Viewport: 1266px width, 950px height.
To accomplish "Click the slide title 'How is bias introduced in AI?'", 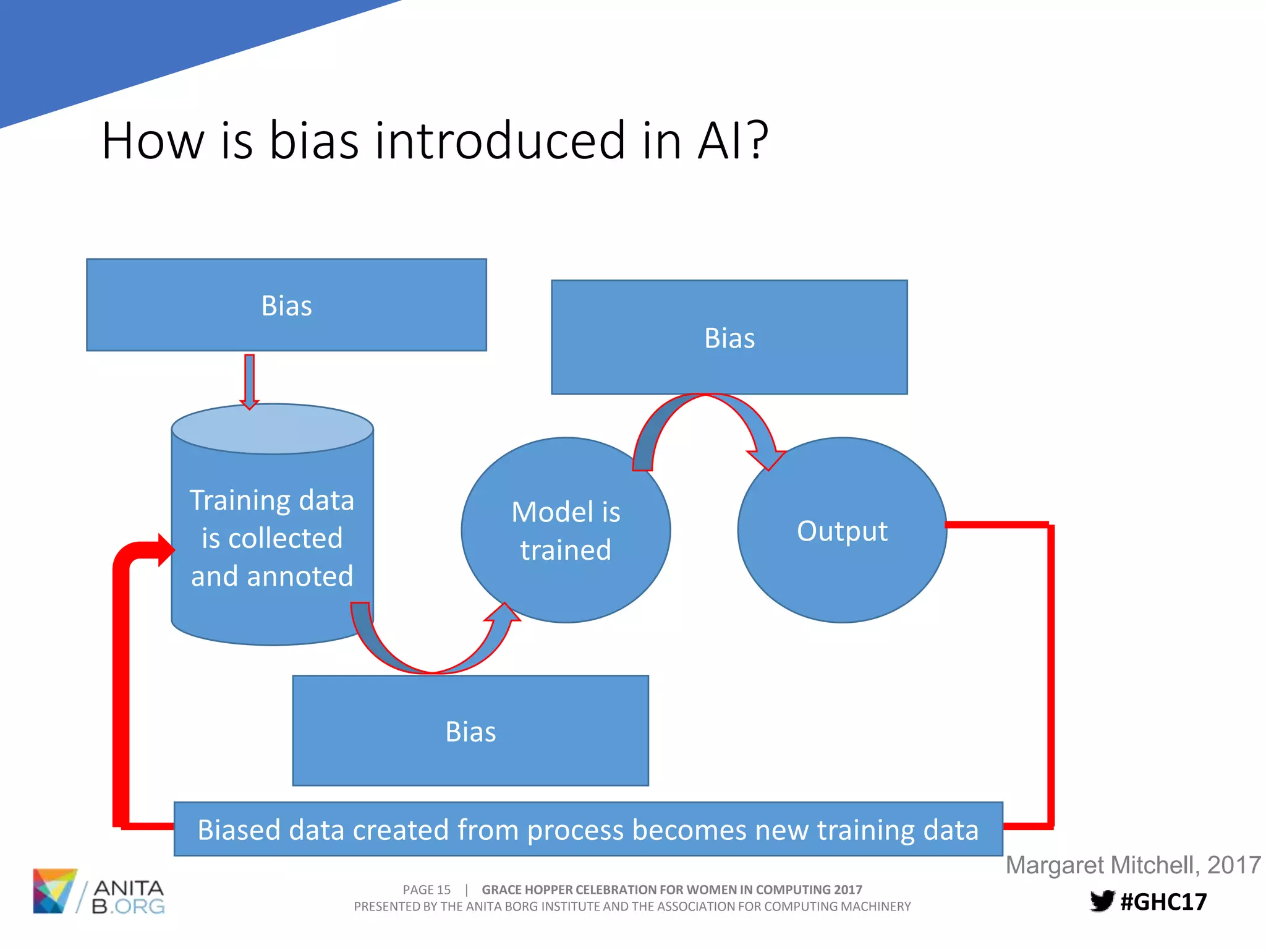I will (x=435, y=140).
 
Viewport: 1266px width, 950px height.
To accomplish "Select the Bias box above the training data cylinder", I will (x=286, y=305).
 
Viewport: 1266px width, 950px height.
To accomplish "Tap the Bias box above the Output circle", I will (x=729, y=337).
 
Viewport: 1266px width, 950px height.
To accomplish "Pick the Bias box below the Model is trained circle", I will (x=470, y=730).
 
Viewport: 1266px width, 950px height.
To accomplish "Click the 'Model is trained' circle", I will (x=566, y=530).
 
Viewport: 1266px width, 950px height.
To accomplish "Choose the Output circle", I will (x=842, y=530).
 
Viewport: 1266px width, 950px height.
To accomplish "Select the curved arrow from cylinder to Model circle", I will (x=433, y=656).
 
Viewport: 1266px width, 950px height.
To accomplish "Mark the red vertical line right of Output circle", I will (x=1050, y=674).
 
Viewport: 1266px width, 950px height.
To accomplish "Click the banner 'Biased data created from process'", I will (x=588, y=829).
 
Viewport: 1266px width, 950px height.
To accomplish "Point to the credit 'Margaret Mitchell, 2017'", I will (x=1132, y=865).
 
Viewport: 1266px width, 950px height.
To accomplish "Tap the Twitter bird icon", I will (x=1102, y=901).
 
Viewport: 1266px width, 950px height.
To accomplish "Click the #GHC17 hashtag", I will (x=1163, y=902).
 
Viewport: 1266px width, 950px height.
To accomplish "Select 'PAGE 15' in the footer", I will (x=427, y=889).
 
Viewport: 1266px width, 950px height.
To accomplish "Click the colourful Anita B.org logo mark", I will (x=54, y=891).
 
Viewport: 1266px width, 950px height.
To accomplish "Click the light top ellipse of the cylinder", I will (x=272, y=429).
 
